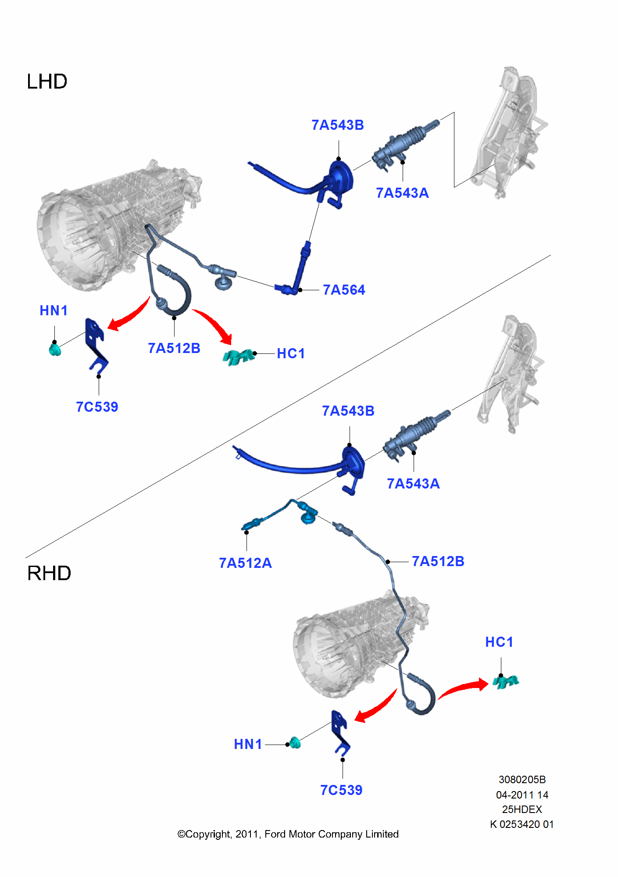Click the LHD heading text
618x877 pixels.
click(x=47, y=82)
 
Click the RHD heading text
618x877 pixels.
click(x=49, y=573)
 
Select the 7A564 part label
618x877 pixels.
click(x=344, y=290)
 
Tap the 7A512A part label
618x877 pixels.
click(x=245, y=563)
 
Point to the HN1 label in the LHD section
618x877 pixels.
click(x=54, y=310)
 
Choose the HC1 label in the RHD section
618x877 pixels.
click(x=499, y=642)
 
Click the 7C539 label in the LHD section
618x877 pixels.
click(x=97, y=407)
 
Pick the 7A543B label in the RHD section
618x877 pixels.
click(x=348, y=411)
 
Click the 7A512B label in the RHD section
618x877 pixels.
click(x=438, y=561)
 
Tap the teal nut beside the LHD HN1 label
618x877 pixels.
click(x=55, y=350)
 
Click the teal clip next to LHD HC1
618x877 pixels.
click(x=238, y=357)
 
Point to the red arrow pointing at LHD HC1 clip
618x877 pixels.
click(x=215, y=324)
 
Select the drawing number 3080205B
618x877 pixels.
click(x=522, y=780)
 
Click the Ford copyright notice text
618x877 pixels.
click(x=288, y=834)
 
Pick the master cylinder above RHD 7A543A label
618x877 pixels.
click(x=414, y=434)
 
